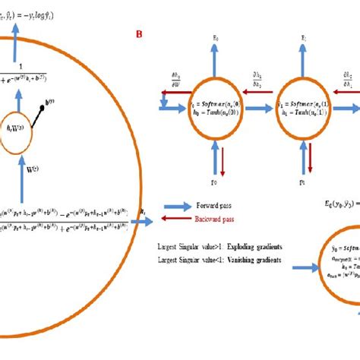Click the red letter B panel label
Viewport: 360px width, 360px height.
138,34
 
